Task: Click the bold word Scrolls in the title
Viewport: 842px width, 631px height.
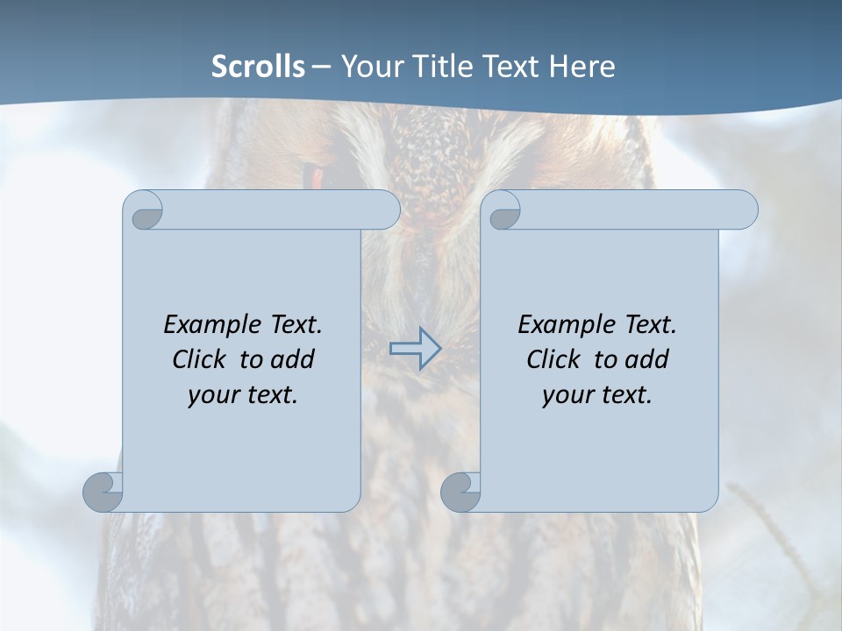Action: pyautogui.click(x=258, y=67)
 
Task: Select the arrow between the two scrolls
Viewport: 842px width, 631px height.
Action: pyautogui.click(x=415, y=349)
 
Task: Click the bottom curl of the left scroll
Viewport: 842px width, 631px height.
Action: pyautogui.click(x=103, y=493)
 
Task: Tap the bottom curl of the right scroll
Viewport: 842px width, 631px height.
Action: pyautogui.click(x=460, y=493)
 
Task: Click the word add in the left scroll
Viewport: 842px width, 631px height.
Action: pyautogui.click(x=292, y=360)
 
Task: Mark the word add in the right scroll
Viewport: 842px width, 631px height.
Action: pyautogui.click(x=646, y=360)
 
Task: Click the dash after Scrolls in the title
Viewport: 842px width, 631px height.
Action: pyautogui.click(x=321, y=67)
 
